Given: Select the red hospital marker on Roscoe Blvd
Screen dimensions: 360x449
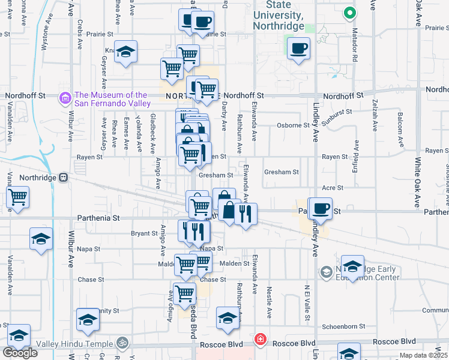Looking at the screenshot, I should coord(259,340).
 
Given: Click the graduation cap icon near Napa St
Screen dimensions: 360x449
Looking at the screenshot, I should coord(41,239).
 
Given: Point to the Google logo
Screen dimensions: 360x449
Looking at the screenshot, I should coord(20,353).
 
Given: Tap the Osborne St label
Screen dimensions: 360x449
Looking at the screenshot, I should coord(293,125).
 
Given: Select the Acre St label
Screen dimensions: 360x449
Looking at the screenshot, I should coord(332,188).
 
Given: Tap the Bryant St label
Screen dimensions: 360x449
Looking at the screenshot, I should coord(144,233).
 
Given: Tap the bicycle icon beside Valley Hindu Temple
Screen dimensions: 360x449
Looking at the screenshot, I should coord(123,343).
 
